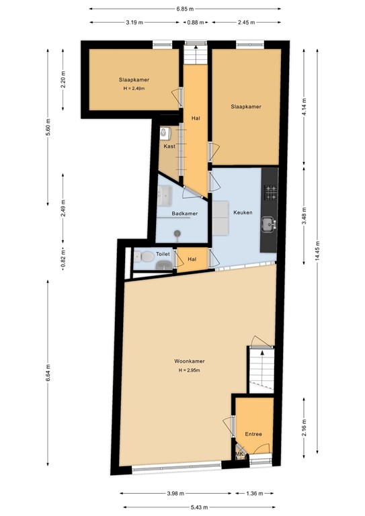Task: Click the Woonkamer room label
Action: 190,361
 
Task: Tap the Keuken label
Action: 243,212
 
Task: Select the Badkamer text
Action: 185,214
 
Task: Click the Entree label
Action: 253,434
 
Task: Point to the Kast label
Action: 169,146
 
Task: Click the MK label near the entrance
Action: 239,454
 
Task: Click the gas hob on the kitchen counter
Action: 271,193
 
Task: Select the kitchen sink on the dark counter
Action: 269,224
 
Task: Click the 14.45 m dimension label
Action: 317,251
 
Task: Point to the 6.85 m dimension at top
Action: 185,9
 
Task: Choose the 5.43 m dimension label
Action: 200,507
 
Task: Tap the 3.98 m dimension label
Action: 175,493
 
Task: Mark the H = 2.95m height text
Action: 190,370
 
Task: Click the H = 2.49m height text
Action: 134,89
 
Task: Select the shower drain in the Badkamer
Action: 177,233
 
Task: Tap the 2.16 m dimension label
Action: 304,427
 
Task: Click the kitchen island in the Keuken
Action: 220,218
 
